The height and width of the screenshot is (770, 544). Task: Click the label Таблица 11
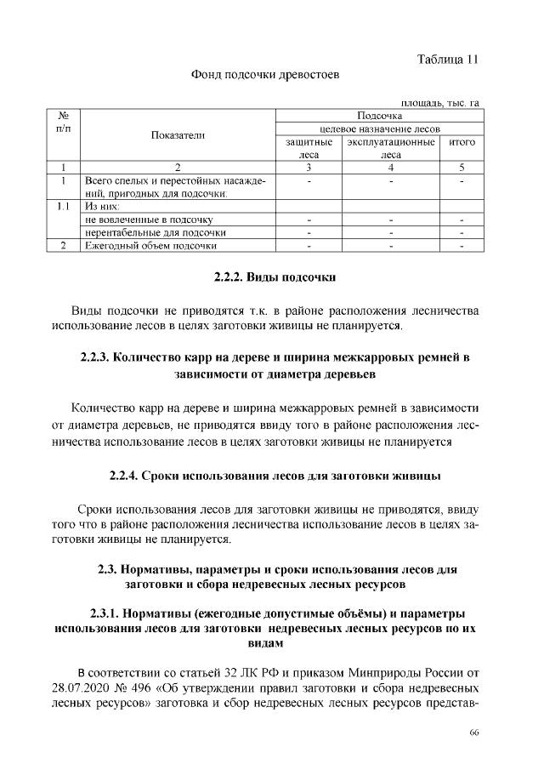tap(448, 59)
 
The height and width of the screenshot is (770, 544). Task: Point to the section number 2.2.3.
tap(94, 356)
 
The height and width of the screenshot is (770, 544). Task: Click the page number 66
tap(474, 733)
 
